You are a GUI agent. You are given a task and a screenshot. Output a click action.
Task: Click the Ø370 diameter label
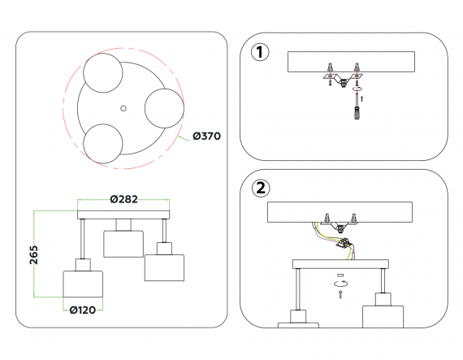206,137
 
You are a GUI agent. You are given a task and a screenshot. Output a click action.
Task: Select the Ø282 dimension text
124,199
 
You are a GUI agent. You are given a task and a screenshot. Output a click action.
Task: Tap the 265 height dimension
33,255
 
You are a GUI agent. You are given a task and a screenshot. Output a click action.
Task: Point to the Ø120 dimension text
83,310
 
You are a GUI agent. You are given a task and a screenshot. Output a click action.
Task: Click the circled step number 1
260,52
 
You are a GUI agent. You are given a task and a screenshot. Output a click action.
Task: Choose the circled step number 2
261,188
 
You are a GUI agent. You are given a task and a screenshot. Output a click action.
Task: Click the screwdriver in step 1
357,106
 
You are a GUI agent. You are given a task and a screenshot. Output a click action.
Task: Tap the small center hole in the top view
123,108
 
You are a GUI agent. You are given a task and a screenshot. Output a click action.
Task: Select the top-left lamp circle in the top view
103,73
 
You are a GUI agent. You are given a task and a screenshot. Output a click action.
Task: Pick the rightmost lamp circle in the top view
164,108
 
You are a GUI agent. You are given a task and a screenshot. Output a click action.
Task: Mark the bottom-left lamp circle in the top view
103,144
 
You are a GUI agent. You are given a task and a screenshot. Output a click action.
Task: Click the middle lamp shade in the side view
123,244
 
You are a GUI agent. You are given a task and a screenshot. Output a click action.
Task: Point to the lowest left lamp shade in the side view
83,284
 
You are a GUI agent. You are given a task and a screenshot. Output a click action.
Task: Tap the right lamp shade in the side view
164,267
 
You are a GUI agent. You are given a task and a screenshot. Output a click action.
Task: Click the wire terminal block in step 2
343,244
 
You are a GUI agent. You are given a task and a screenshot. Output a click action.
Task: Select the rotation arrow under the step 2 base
341,284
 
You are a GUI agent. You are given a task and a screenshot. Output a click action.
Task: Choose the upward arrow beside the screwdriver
362,99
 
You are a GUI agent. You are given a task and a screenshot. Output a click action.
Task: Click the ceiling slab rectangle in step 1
351,62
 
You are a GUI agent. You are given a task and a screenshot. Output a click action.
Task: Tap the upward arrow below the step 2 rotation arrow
340,294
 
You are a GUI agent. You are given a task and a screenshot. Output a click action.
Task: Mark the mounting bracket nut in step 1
343,83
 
